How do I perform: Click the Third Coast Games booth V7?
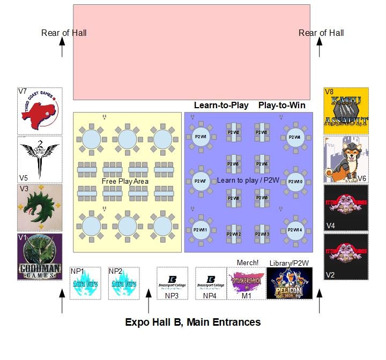pyautogui.click(x=40, y=111)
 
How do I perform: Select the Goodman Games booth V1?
pyautogui.click(x=40, y=257)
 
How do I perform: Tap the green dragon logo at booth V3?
pyautogui.click(x=40, y=208)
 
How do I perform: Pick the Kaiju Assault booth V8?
pyautogui.click(x=346, y=110)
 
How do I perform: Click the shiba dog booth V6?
pyautogui.click(x=346, y=159)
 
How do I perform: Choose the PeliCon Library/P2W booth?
pyautogui.click(x=289, y=283)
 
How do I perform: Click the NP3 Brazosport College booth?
pyautogui.click(x=172, y=282)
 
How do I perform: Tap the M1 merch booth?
pyautogui.click(x=246, y=283)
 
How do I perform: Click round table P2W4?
pyautogui.click(x=294, y=137)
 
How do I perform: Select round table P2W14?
pyautogui.click(x=294, y=230)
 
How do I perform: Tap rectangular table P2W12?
pyautogui.click(x=234, y=234)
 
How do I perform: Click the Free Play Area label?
pyautogui.click(x=125, y=182)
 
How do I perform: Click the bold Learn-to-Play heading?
pyautogui.click(x=221, y=105)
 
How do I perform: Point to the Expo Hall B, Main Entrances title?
pyautogui.click(x=192, y=322)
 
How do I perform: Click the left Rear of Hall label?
pyautogui.click(x=64, y=33)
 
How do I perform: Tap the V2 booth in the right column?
pyautogui.click(x=346, y=257)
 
